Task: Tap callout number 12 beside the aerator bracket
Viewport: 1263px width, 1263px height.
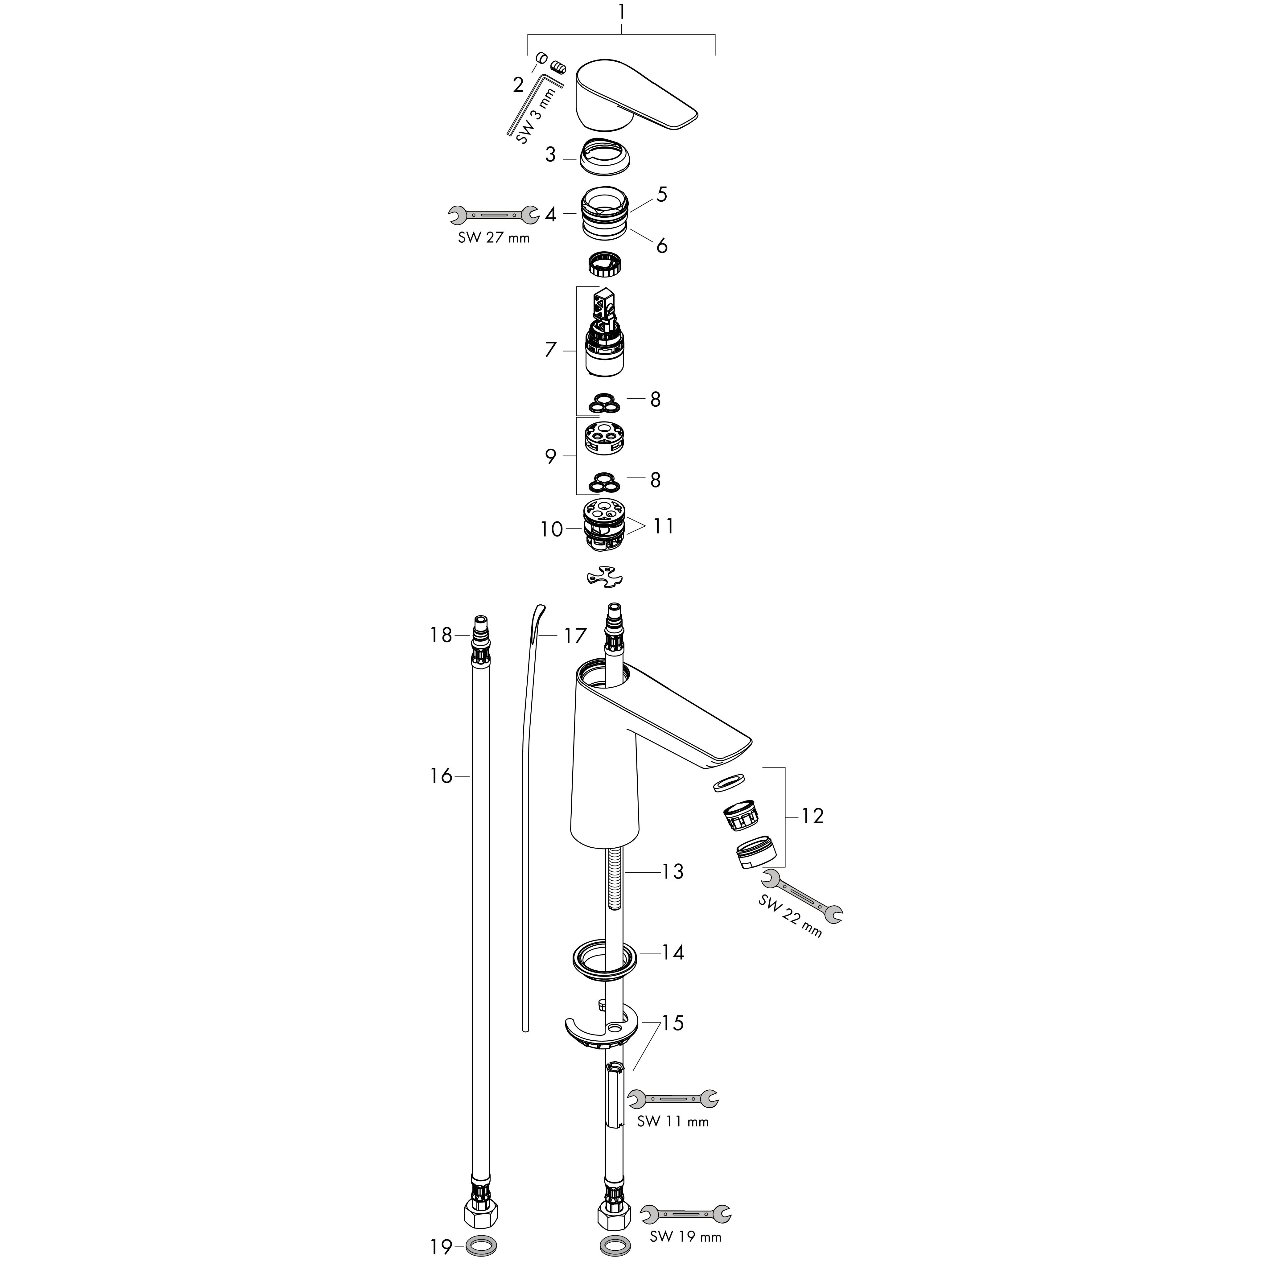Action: pyautogui.click(x=812, y=816)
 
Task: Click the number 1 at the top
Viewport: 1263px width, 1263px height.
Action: pyautogui.click(x=621, y=12)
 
